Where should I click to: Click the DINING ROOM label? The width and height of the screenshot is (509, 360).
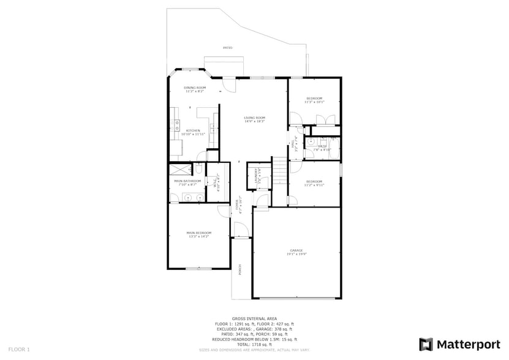[x=195, y=88]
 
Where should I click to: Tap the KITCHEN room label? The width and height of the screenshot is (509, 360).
[x=194, y=130]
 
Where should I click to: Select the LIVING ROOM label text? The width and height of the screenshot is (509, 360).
[x=254, y=118]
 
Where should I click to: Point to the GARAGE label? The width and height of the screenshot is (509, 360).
[x=296, y=250]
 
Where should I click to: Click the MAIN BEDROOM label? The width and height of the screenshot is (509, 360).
[x=199, y=233]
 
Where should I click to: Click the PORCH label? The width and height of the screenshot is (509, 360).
[x=240, y=269]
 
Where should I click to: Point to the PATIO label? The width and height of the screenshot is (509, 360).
[x=227, y=47]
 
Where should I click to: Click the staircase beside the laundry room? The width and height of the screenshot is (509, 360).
[x=279, y=170]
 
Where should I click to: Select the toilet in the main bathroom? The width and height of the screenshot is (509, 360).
[x=200, y=169]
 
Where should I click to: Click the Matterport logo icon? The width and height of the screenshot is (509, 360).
[x=426, y=344]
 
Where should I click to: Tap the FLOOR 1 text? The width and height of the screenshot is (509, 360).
[x=19, y=349]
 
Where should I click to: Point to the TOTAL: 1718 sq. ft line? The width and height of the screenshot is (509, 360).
[x=254, y=345]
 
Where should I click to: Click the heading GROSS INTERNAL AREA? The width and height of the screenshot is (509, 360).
[x=254, y=318]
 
